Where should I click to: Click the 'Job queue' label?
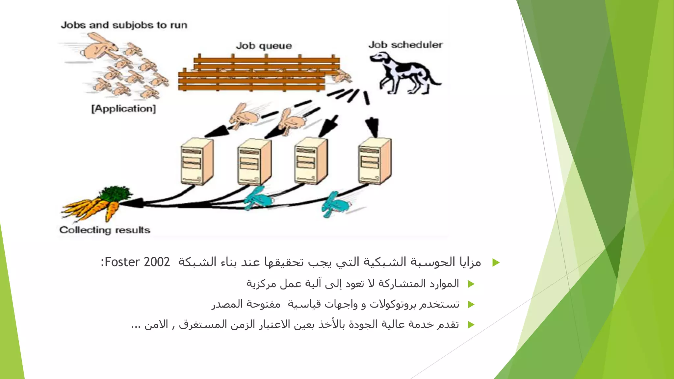264,46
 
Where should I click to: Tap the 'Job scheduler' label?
405,45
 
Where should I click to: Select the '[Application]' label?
123,109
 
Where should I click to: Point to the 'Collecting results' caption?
105,230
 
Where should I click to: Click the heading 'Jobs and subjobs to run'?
124,25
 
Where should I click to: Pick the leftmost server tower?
197,162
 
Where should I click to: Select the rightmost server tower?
375,161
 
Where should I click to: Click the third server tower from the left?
311,161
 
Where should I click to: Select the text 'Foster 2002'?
137,262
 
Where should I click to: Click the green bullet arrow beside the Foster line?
496,263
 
